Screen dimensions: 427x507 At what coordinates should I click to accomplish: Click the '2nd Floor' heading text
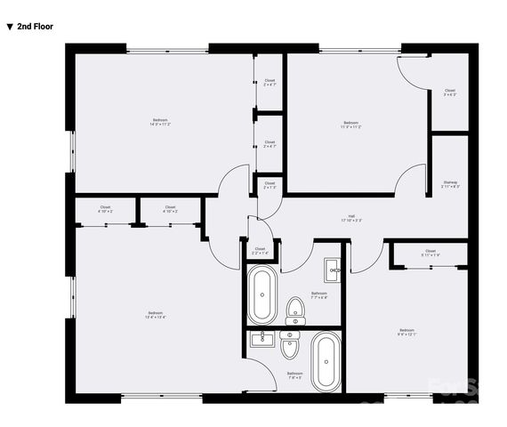35,27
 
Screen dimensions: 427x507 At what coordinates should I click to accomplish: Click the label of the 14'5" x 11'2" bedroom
160,123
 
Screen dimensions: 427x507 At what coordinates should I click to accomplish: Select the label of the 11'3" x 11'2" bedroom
351,125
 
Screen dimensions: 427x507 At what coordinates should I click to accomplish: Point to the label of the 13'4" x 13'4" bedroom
157,314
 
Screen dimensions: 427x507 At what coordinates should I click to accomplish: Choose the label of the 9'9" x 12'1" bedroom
407,332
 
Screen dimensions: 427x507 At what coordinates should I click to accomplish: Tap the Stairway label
450,184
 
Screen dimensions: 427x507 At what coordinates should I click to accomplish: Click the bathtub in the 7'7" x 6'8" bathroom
262,294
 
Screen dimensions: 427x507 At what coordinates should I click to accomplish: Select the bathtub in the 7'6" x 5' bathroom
324,361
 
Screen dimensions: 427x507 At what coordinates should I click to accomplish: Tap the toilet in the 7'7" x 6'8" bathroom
295,310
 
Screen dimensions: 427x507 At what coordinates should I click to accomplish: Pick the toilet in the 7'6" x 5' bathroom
290,344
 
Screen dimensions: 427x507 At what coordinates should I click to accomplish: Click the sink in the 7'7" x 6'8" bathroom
333,268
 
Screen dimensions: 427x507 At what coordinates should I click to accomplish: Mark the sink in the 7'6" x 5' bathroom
263,339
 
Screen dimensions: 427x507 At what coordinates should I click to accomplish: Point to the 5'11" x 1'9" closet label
431,253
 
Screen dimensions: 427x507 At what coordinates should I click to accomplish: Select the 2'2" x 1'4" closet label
260,251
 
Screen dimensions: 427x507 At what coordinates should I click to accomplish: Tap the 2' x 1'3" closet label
270,187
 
